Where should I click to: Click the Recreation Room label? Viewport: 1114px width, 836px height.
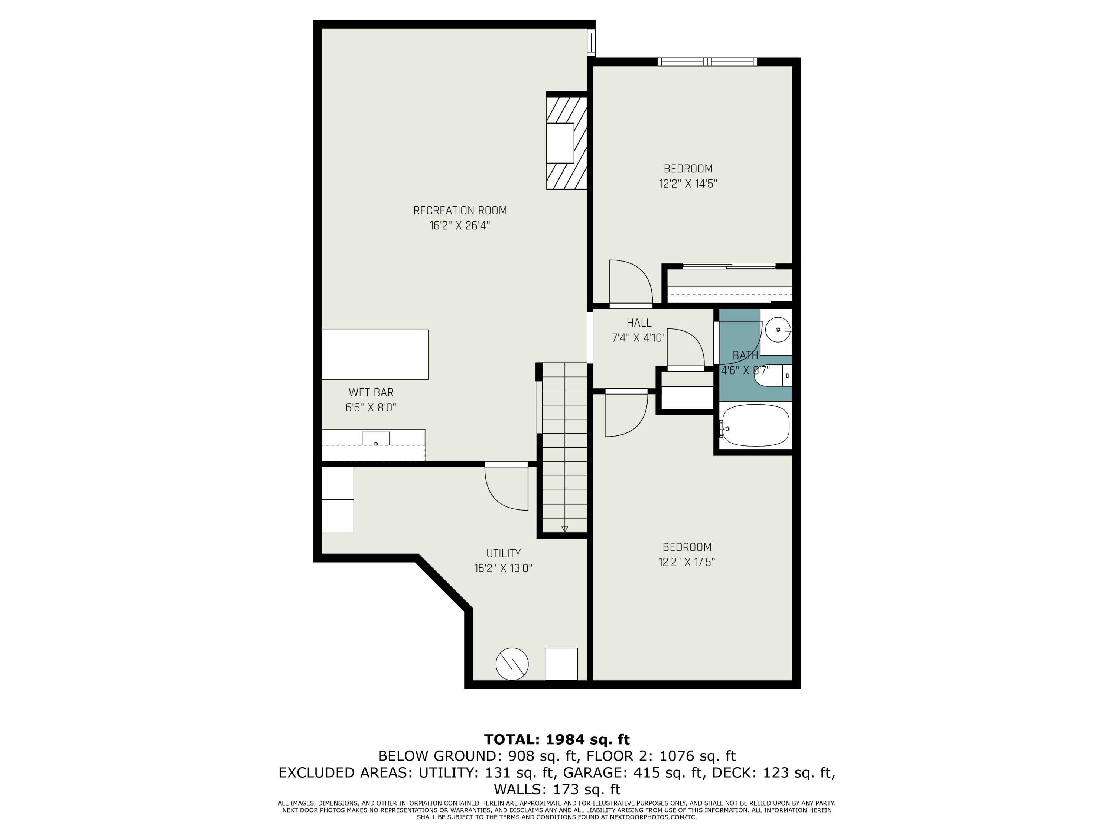click(460, 211)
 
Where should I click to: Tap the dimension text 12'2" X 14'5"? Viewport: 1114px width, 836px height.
click(688, 184)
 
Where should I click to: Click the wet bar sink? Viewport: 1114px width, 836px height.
click(375, 440)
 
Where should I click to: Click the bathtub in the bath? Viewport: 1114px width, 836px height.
click(755, 426)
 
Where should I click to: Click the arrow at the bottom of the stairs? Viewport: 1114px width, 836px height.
click(564, 529)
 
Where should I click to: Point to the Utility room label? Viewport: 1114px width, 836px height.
click(503, 553)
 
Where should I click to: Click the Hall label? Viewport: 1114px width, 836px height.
click(639, 323)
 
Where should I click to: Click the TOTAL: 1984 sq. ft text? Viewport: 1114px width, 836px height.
click(557, 740)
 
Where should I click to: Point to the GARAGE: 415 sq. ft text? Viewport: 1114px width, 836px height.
click(632, 772)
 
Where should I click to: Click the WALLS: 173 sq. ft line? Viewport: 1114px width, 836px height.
click(557, 789)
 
